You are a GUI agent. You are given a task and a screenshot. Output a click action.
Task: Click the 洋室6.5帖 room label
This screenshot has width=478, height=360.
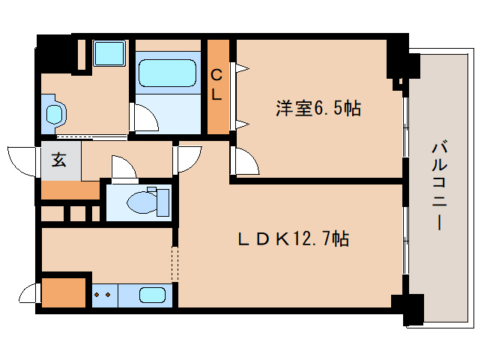click(x=318, y=109)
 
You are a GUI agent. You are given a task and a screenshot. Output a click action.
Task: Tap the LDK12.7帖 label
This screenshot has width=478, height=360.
click(x=292, y=239)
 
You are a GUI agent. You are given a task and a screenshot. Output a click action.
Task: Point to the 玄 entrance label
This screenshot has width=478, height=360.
click(x=58, y=159)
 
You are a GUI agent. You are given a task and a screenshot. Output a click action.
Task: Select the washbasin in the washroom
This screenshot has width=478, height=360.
click(x=55, y=113)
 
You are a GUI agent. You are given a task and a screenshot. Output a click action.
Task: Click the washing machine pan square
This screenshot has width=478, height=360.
click(x=110, y=54)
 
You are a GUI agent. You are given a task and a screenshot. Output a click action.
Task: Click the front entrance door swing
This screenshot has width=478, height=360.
click(x=22, y=159)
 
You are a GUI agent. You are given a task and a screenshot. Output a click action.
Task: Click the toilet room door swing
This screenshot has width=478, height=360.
click(x=122, y=167)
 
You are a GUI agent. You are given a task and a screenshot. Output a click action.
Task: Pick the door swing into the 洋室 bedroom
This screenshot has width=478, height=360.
click(x=245, y=161)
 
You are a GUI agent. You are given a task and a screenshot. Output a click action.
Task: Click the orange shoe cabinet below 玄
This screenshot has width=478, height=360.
click(x=70, y=189)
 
